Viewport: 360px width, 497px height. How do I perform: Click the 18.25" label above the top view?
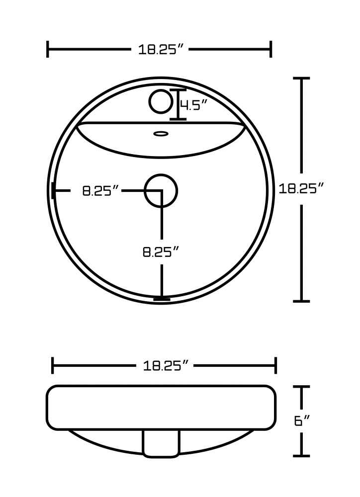pyautogui.click(x=161, y=49)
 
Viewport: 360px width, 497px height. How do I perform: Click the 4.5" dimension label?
pyautogui.click(x=193, y=104)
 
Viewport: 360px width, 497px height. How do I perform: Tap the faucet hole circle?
pyautogui.click(x=161, y=101)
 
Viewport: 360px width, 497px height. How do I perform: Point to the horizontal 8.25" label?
pyautogui.click(x=100, y=191)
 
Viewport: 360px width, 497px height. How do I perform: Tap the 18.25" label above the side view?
pyautogui.click(x=166, y=366)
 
